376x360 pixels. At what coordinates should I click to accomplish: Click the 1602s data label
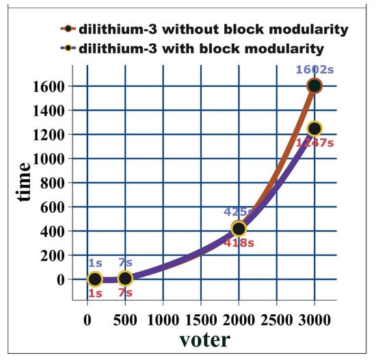314,69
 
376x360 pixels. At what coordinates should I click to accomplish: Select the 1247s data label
315,143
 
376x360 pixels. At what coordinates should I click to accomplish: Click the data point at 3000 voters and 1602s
314,86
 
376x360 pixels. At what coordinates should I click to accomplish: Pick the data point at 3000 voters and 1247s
314,129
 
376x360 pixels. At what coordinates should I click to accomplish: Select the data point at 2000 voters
239,228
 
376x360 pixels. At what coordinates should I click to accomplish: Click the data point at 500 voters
125,279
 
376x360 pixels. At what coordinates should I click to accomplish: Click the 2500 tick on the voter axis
276,320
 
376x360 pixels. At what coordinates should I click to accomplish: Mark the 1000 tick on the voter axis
163,320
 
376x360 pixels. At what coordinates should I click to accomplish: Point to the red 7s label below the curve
125,294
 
